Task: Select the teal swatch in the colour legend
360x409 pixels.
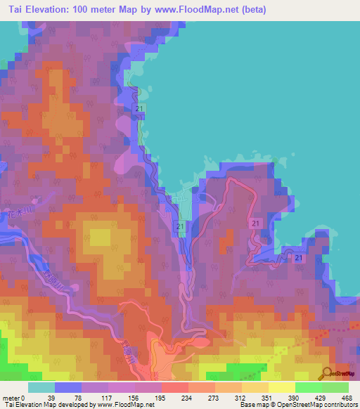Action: click(x=41, y=387)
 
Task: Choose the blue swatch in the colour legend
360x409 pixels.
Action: click(x=67, y=387)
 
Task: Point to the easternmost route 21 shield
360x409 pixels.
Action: click(x=299, y=259)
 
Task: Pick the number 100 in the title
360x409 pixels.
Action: click(x=96, y=10)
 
